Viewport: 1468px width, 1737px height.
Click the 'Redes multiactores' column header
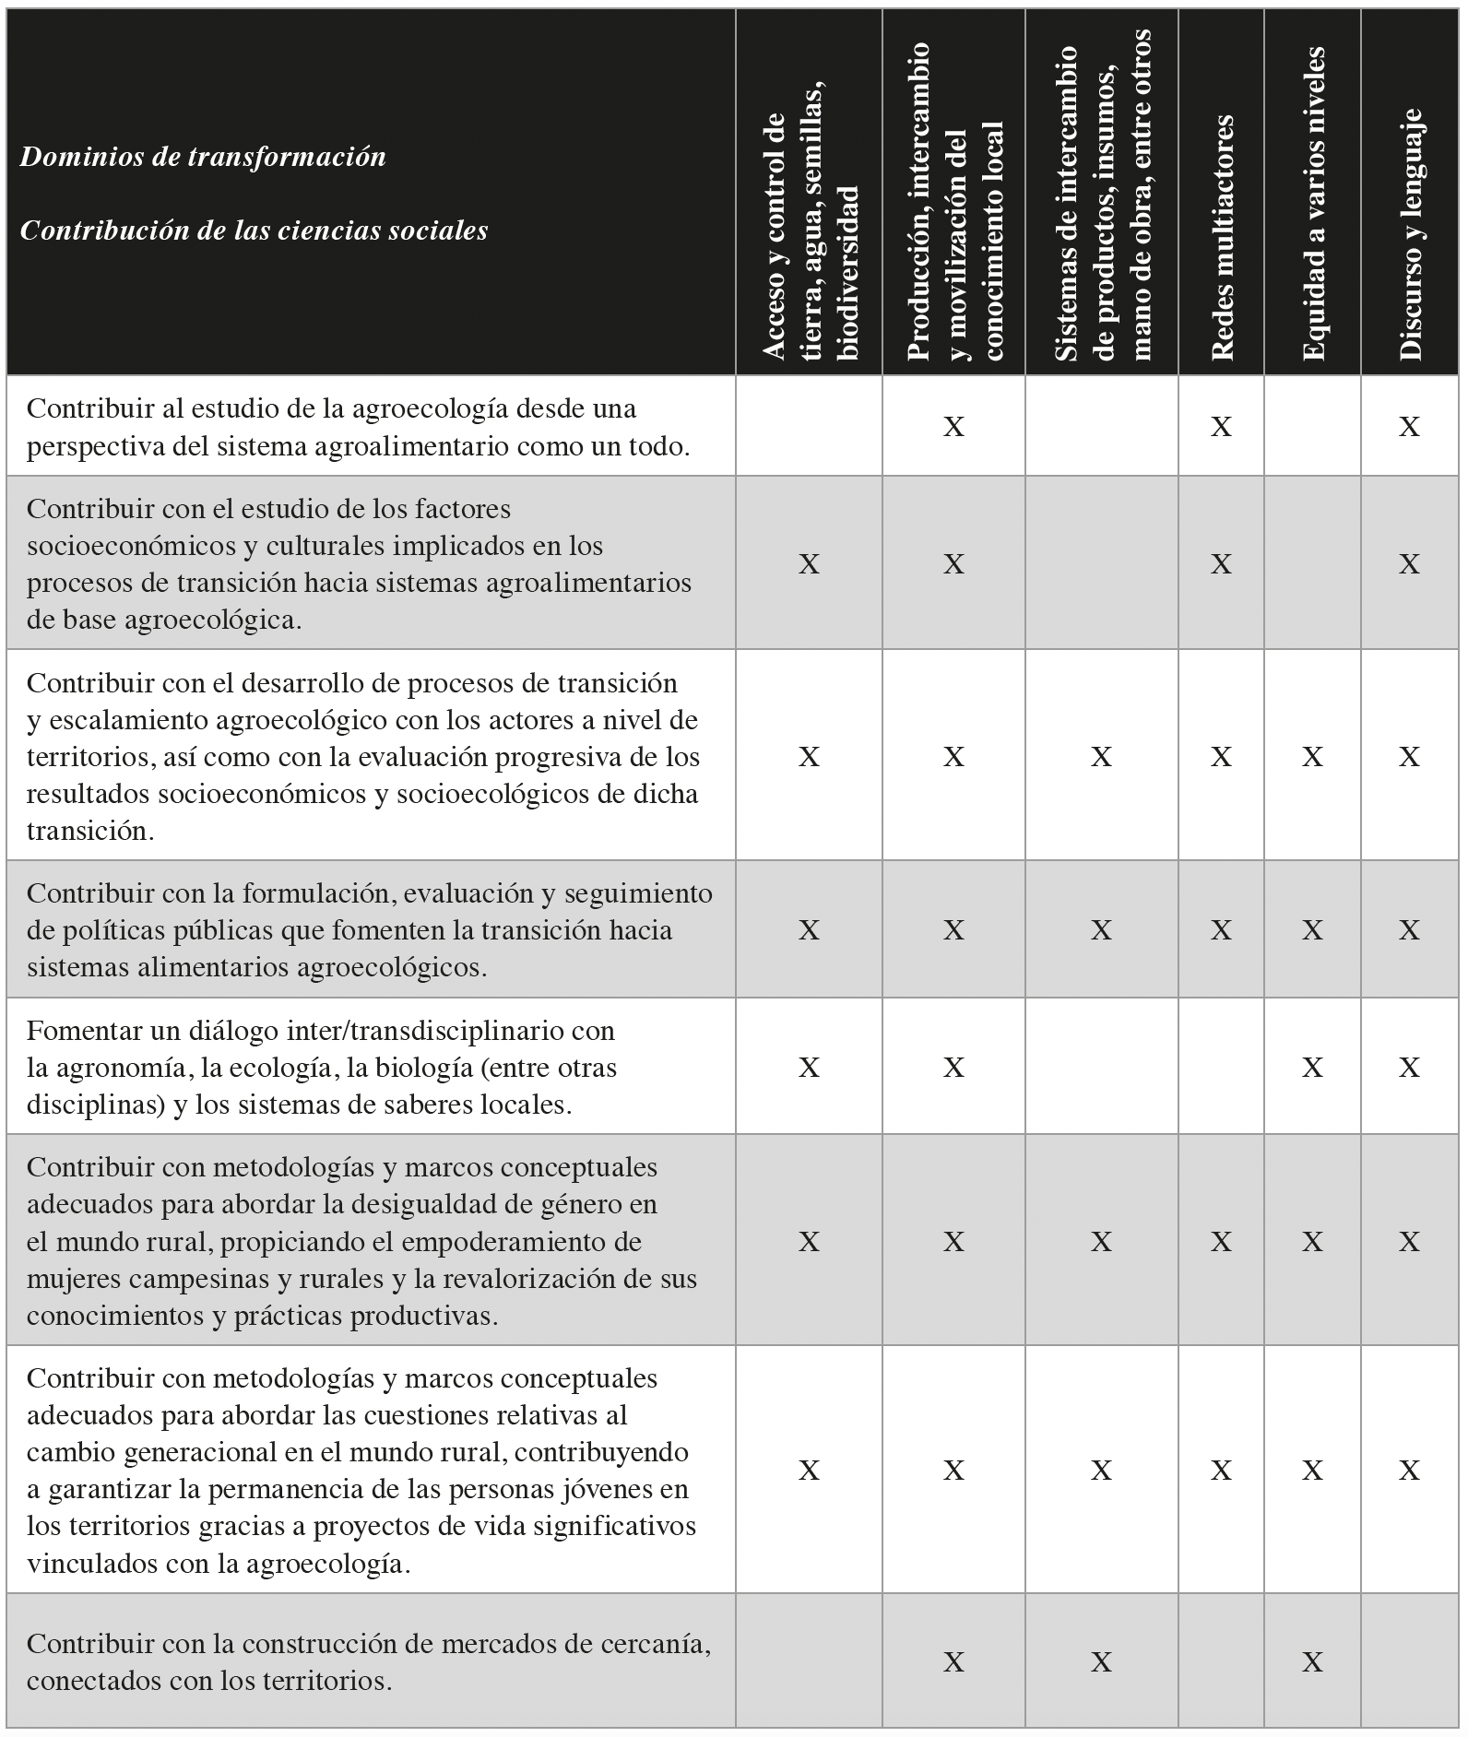tap(1221, 237)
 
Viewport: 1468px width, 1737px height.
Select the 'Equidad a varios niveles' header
tap(1312, 205)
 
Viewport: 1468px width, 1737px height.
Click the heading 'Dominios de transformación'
tap(203, 157)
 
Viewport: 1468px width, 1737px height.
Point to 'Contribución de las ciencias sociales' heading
tap(254, 230)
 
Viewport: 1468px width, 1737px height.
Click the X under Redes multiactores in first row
tap(1221, 426)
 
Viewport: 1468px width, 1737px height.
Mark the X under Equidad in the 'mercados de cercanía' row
tap(1312, 1661)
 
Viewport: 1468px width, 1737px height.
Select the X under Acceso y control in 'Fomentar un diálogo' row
tap(809, 1067)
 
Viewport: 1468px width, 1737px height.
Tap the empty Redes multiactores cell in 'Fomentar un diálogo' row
tap(1221, 1067)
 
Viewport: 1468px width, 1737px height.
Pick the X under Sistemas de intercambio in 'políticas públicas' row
tap(1101, 929)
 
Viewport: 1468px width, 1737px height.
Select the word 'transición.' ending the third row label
tap(89, 831)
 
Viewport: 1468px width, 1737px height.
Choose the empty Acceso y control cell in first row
tap(809, 426)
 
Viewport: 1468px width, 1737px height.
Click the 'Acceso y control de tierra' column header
tap(809, 237)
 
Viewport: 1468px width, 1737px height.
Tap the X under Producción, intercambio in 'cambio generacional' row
tap(953, 1471)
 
